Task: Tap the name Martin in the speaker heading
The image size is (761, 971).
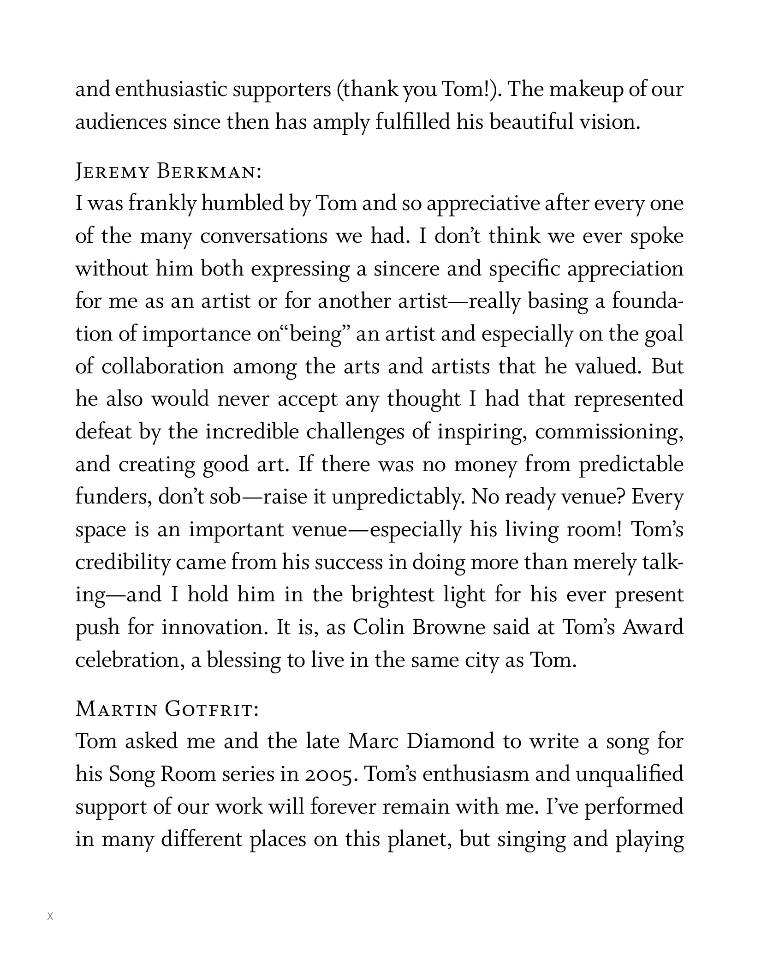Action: (116, 709)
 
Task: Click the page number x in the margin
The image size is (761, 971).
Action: (50, 917)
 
